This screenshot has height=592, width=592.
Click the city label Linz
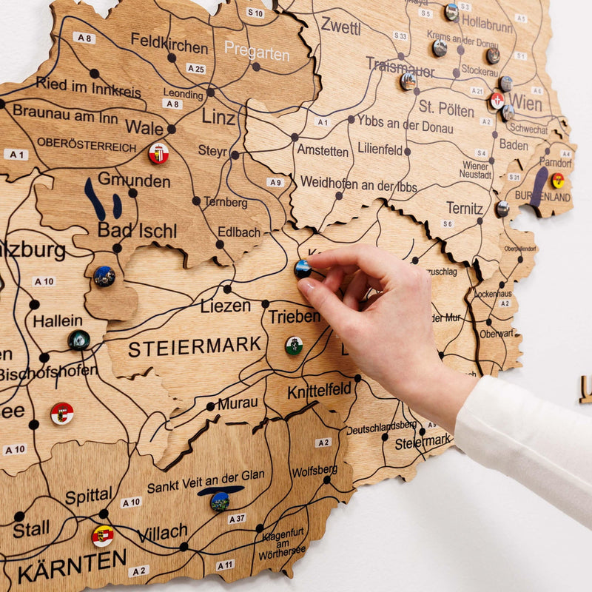point(219,116)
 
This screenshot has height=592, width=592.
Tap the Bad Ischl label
point(137,230)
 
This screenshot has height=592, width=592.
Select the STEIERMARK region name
point(195,346)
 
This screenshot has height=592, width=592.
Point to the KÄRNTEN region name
point(72,566)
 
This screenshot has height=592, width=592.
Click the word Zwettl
point(340,27)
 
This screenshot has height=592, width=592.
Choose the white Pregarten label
point(257,50)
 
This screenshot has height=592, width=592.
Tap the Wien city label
point(525,103)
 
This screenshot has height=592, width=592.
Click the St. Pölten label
point(446,108)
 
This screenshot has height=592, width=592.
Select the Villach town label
point(162,533)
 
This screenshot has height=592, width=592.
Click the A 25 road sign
point(195,69)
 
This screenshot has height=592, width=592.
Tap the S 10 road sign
point(255,13)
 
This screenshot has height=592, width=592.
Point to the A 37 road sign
point(237,519)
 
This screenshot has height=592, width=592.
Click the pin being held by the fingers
point(303,269)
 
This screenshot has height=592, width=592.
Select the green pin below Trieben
point(294,346)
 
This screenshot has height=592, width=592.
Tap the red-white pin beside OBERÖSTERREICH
point(158,153)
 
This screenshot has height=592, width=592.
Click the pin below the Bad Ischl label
point(104,276)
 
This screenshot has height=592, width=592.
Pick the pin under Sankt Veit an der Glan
point(219,502)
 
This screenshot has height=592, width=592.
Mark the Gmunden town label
point(134,180)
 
